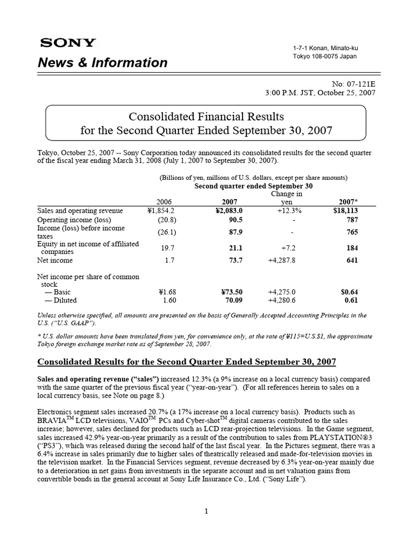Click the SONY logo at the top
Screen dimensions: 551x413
coord(67,43)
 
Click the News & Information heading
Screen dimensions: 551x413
coord(103,62)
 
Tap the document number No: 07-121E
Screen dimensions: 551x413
coord(352,83)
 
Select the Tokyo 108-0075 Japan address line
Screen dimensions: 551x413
coord(324,56)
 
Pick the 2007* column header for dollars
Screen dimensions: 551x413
coord(348,201)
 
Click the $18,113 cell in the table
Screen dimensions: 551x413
coord(345,210)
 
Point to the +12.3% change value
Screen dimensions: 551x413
coord(289,210)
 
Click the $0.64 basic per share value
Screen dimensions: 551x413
coord(349,292)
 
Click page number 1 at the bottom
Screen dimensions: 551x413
coord(206,511)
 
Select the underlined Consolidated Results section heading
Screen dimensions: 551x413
coord(187,360)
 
